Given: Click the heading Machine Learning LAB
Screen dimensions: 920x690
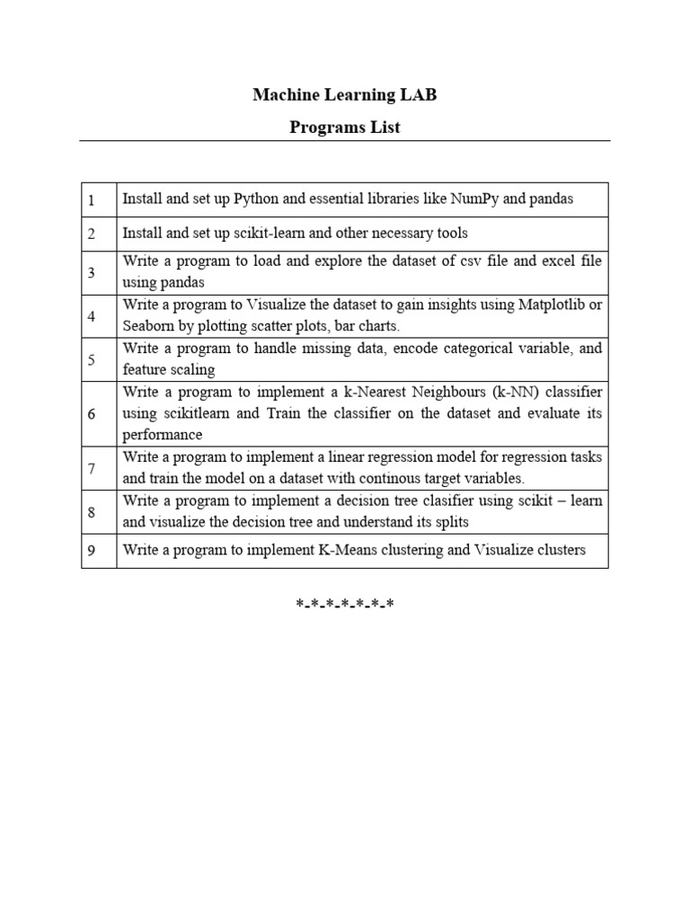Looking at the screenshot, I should coord(345,94).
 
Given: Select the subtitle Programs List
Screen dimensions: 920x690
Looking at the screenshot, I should coord(345,127).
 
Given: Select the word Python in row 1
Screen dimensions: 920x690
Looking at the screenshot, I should coord(256,199).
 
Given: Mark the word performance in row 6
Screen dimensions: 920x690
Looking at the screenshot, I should coord(163,435).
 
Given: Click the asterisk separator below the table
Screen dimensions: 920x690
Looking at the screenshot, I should coord(345,604).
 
